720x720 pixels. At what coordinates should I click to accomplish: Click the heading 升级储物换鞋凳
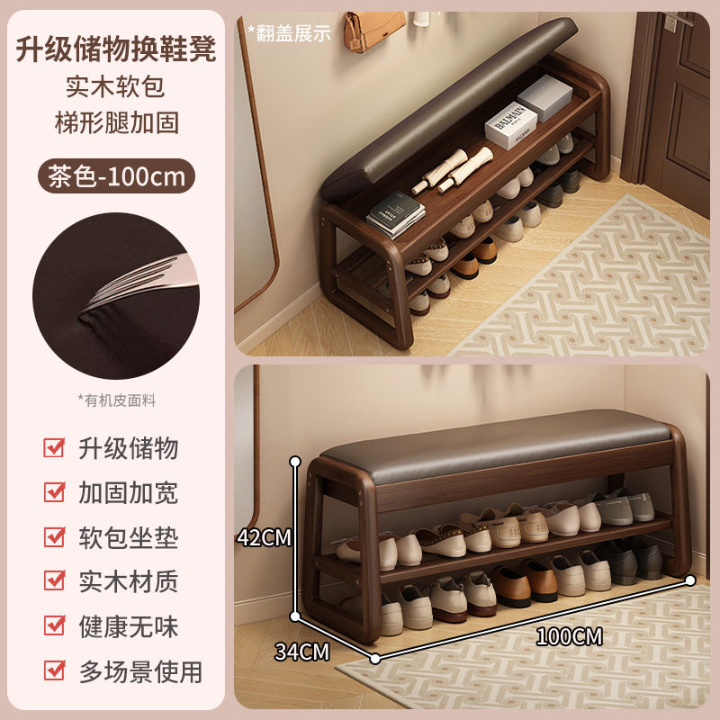116,48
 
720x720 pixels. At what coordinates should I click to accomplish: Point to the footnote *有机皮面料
116,400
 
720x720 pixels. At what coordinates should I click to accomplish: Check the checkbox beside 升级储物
55,448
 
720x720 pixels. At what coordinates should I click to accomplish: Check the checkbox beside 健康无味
55,626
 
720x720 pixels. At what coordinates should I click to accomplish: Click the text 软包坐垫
129,537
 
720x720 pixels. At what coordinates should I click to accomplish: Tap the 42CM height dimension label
265,538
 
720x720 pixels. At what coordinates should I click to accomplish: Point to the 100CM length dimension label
569,637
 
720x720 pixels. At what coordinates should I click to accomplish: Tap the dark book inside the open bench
395,216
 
